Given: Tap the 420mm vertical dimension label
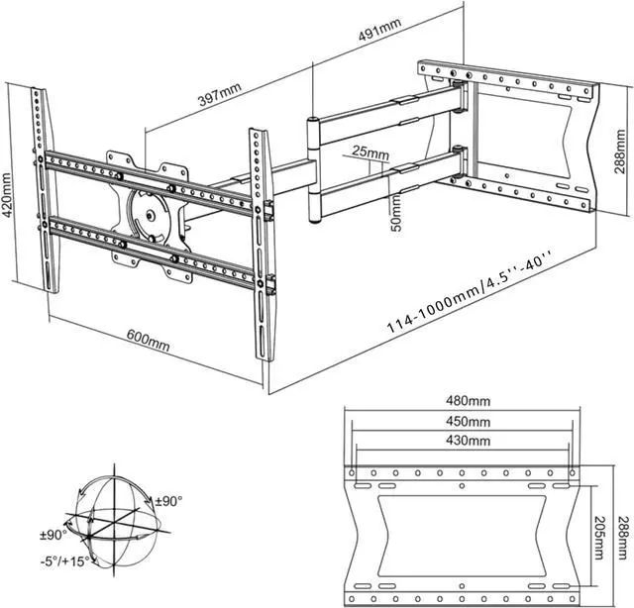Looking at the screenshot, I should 10,198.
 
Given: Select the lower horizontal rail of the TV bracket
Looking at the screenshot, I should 149,248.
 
